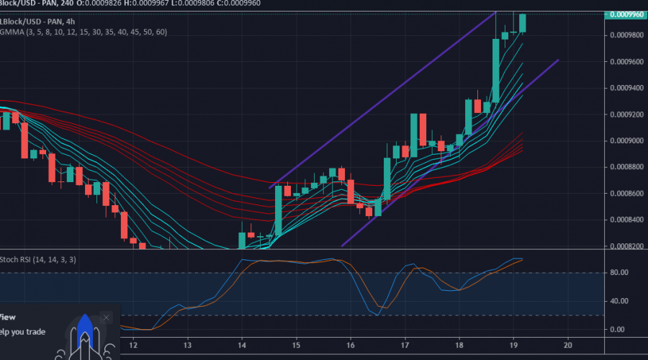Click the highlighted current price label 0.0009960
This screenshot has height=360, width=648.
(624, 14)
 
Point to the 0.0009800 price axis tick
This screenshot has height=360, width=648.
(624, 35)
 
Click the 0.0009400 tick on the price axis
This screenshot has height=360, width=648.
(624, 88)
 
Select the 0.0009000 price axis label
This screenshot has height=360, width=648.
(624, 140)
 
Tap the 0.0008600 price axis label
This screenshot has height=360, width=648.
(624, 193)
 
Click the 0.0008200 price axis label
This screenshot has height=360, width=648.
(624, 246)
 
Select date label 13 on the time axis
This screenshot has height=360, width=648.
(187, 344)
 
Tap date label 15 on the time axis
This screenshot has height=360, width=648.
(296, 344)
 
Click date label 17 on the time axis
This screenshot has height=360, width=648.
(405, 344)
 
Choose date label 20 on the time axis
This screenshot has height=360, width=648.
(568, 344)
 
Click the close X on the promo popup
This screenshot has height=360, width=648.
(107, 317)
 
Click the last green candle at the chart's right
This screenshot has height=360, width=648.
(523, 22)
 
